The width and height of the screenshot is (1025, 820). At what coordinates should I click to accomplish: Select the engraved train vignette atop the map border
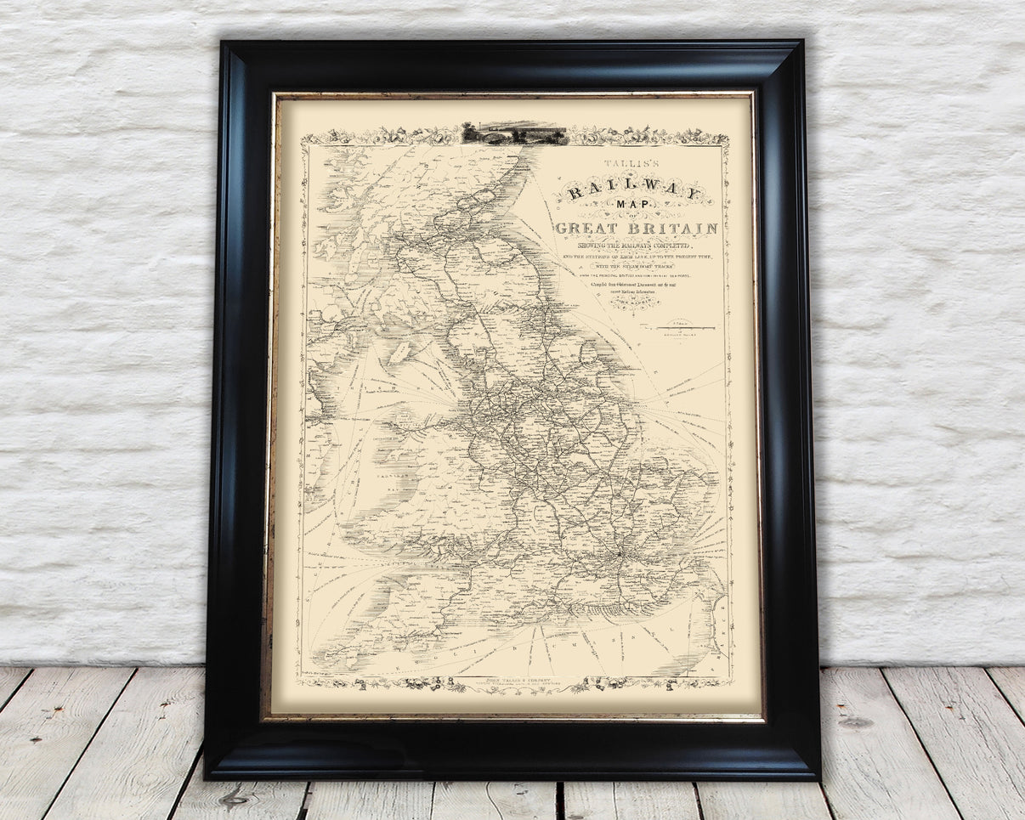click(513, 133)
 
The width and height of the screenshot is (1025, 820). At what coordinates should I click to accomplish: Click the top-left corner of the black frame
click(221, 41)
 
